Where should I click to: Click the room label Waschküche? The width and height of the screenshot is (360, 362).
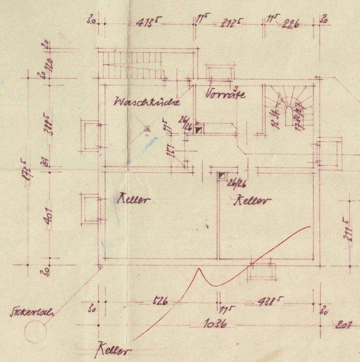point(147,102)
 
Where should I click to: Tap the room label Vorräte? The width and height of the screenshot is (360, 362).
point(225,94)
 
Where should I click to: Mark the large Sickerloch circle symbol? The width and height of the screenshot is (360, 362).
point(35,333)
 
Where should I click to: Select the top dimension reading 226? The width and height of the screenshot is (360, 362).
point(291,23)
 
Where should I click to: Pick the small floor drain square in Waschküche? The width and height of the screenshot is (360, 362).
point(146,129)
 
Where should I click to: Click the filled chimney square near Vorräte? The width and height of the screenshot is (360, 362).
point(199,130)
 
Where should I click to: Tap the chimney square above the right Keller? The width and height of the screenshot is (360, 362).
point(222,176)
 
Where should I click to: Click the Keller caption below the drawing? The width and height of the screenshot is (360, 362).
point(113,350)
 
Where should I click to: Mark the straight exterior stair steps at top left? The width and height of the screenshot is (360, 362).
point(131,66)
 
